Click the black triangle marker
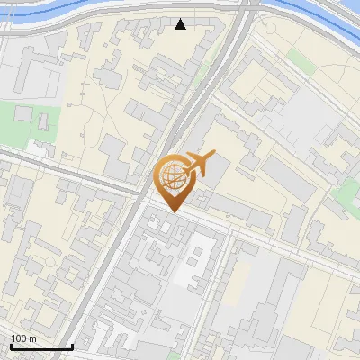point(181,24)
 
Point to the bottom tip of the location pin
point(173,212)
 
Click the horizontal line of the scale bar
point(41,346)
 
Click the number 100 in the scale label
point(20,338)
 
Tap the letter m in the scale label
point(33,338)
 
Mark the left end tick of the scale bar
point(11,345)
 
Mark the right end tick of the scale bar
point(72,345)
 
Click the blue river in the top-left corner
point(54,11)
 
